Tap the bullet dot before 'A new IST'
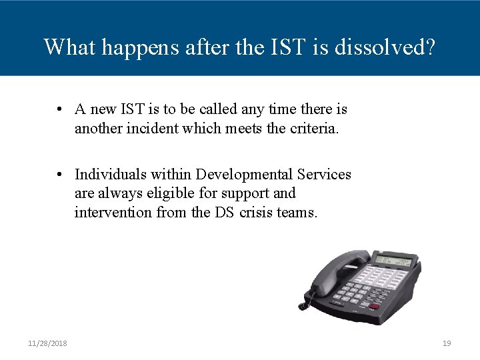(60, 109)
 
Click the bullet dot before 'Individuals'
(60, 175)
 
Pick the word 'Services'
(324, 175)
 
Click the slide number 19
(447, 343)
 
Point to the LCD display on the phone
(395, 259)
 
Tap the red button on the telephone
(374, 307)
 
